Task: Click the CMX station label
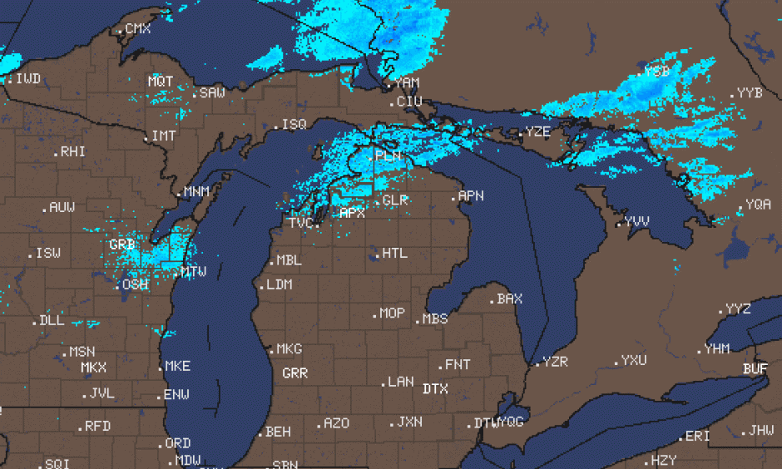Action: (138, 29)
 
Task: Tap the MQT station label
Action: (161, 81)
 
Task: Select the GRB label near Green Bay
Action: (121, 245)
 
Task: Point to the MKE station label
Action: (178, 366)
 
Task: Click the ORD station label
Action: (178, 443)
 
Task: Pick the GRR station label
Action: (294, 373)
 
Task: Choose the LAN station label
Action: (400, 382)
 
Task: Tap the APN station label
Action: (471, 196)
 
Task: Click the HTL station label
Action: (395, 253)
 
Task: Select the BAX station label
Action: (509, 299)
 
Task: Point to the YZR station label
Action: (555, 362)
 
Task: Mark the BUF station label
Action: (755, 368)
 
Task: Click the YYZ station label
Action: (738, 309)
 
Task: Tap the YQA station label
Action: (758, 205)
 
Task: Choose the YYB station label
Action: (750, 93)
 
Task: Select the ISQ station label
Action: (294, 124)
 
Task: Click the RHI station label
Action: (72, 152)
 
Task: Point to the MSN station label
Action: (82, 352)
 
